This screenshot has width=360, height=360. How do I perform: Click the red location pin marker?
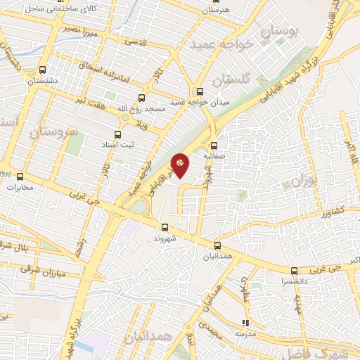[x=180, y=164]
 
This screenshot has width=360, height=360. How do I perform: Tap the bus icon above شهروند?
[x=165, y=227]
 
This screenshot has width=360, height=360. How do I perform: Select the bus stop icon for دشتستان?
[x=43, y=70]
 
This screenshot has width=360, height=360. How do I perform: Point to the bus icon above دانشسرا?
[x=294, y=271]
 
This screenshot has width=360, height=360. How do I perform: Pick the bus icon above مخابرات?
[x=20, y=177]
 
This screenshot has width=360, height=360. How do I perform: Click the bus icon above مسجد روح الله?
[x=142, y=98]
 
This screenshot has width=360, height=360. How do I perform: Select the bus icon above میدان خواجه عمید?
[x=200, y=91]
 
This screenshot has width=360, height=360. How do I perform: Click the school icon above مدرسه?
[x=245, y=323]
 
